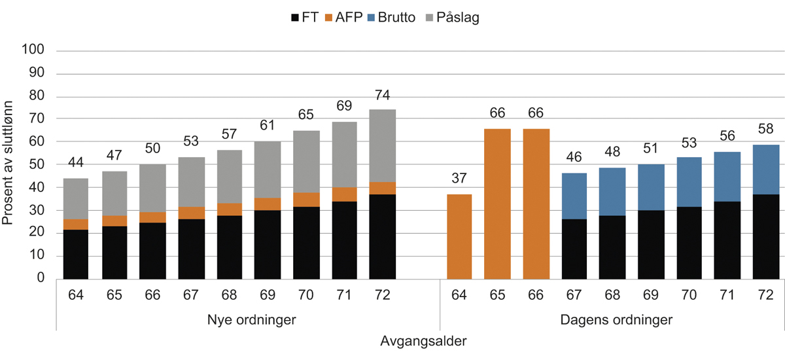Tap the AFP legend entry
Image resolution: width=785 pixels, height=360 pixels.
click(351, 18)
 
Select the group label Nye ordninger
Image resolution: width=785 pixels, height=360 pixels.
click(247, 321)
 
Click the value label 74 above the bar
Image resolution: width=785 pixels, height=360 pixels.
click(382, 96)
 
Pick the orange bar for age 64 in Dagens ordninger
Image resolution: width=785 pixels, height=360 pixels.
click(459, 236)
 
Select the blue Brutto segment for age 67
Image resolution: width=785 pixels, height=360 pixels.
click(574, 196)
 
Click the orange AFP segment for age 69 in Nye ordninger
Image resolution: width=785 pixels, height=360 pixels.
click(268, 204)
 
